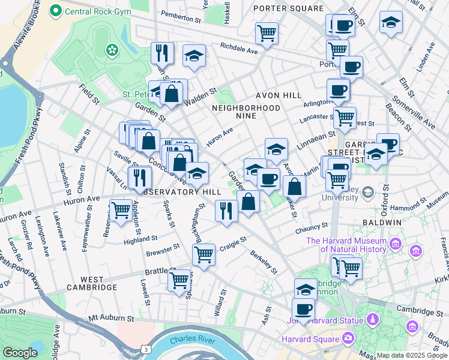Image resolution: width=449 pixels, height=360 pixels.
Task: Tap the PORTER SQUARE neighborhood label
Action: (288, 8)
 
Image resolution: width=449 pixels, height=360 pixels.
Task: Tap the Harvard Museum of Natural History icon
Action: (396, 244)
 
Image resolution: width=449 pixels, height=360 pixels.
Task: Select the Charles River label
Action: (193, 340)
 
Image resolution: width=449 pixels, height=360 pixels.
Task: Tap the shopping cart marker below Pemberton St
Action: (267, 32)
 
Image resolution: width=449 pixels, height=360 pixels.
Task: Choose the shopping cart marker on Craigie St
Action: (203, 254)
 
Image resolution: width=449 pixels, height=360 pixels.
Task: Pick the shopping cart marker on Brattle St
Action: (179, 280)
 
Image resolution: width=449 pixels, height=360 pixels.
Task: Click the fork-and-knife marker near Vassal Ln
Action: (140, 176)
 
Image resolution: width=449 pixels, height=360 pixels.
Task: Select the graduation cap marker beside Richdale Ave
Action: (194, 56)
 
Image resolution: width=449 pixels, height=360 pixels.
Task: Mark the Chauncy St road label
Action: (312, 228)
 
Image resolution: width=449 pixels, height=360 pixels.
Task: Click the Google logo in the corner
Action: (20, 353)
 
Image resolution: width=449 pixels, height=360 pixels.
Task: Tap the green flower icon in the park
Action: (111, 50)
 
